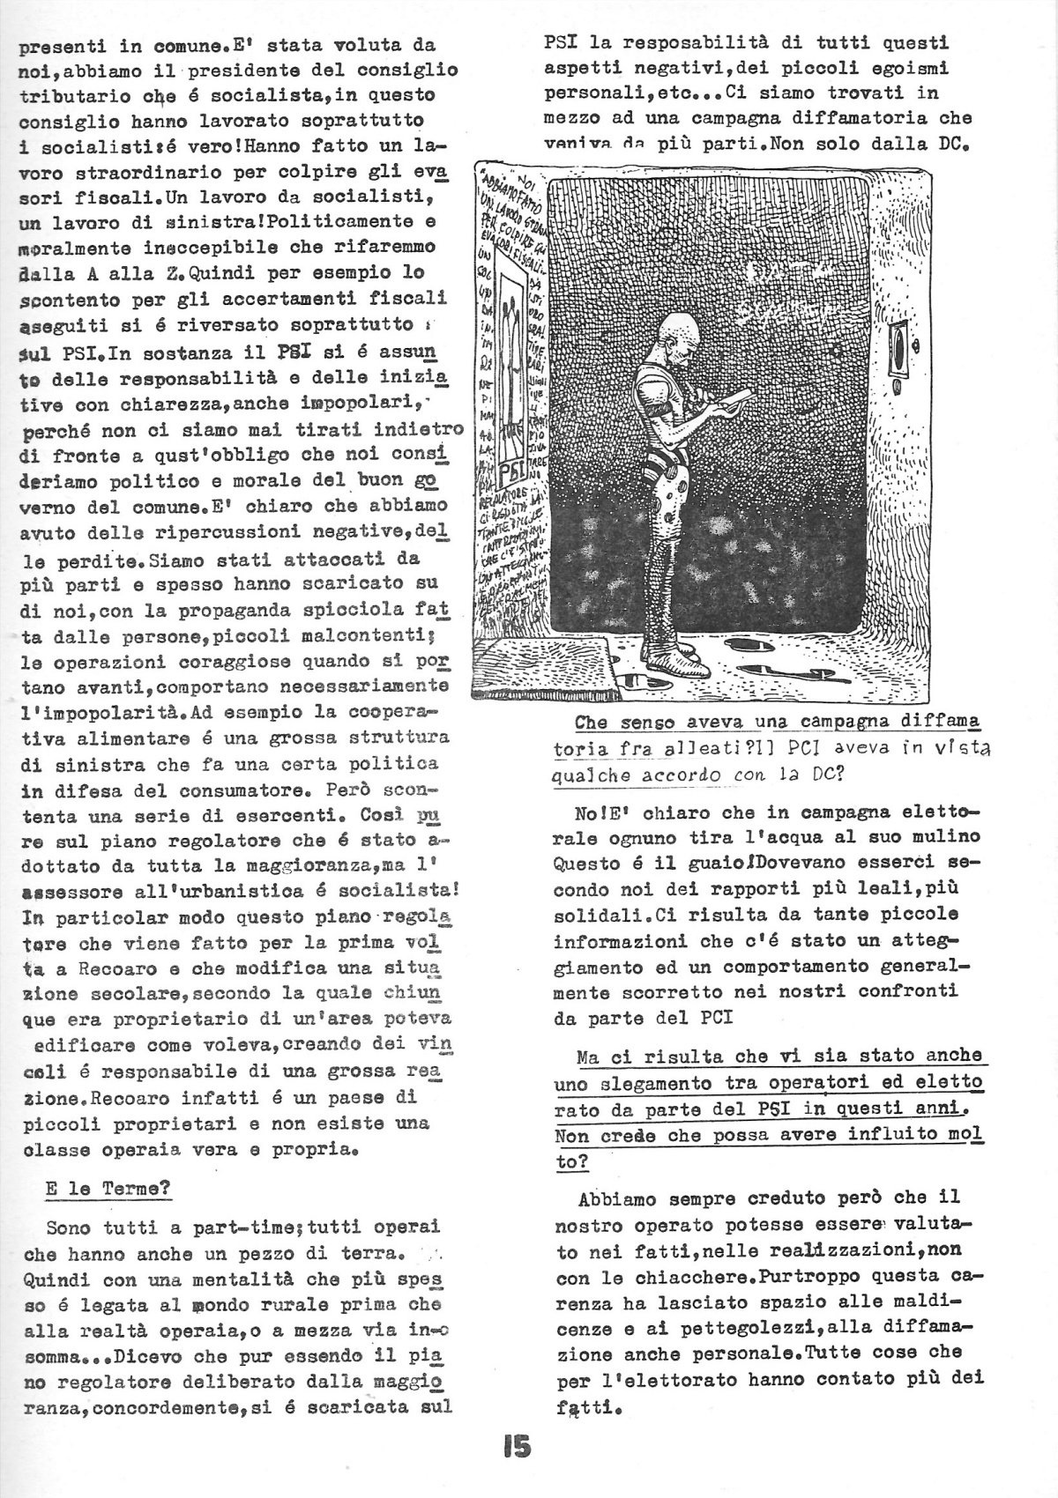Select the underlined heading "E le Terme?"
click(108, 1187)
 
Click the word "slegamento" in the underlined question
click(650, 1081)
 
